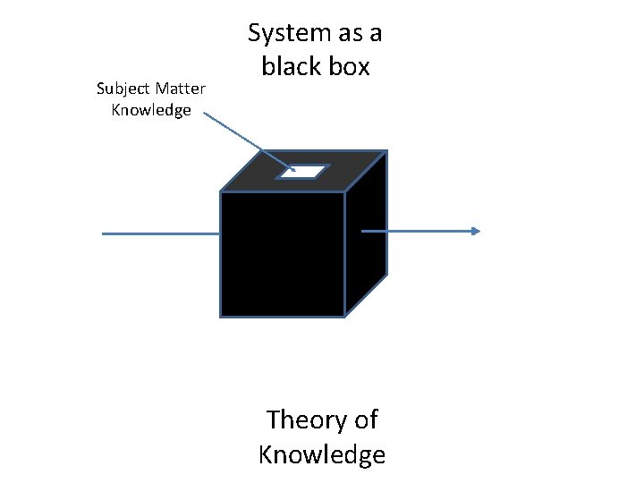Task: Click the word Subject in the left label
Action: [x=124, y=89]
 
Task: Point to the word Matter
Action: [x=182, y=89]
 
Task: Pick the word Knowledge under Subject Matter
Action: [x=151, y=110]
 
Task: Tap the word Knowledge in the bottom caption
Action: [x=321, y=454]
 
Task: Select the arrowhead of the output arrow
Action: [x=475, y=231]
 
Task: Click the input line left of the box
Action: [x=161, y=233]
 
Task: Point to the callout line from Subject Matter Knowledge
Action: [x=246, y=140]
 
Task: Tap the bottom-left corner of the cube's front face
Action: [x=221, y=316]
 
